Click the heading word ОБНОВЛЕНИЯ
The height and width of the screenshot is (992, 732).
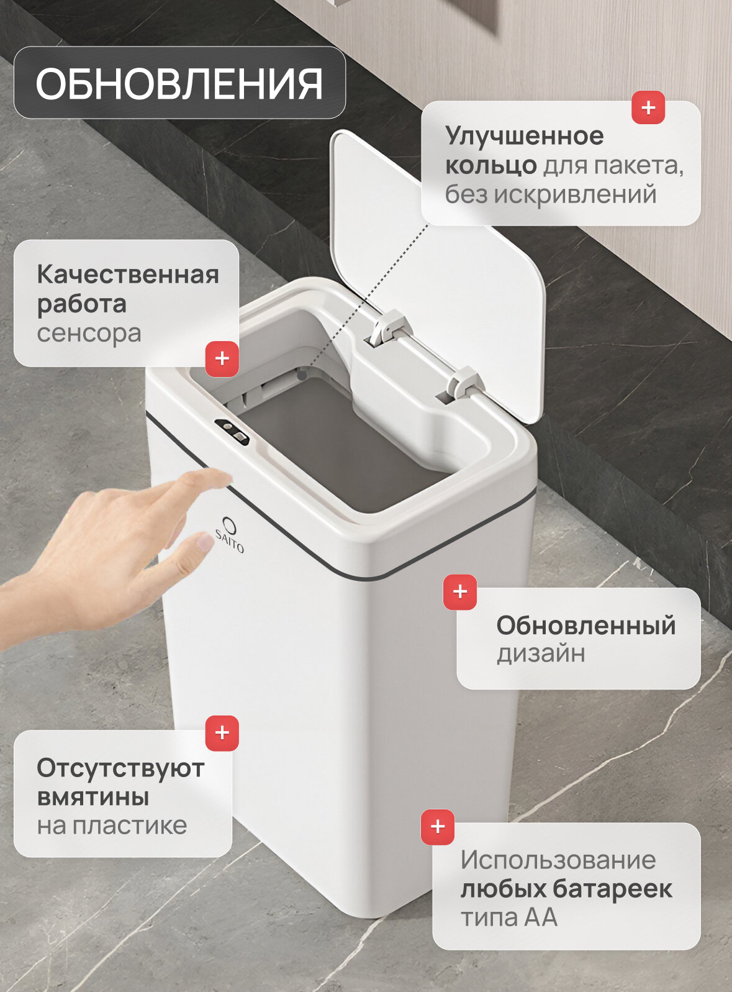click(x=179, y=84)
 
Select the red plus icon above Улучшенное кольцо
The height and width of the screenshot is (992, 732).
click(x=648, y=108)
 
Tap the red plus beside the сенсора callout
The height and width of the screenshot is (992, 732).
click(x=222, y=358)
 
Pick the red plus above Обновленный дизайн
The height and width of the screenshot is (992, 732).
click(x=459, y=592)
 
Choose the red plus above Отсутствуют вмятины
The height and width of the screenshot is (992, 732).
click(x=222, y=732)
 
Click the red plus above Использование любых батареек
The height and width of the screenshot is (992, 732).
click(x=437, y=826)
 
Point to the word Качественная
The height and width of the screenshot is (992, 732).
click(x=128, y=274)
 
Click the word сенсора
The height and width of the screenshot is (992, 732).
click(x=89, y=334)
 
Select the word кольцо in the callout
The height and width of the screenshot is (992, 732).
click(x=491, y=166)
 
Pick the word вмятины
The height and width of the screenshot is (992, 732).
click(x=93, y=797)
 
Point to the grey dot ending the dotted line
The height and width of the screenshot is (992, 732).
click(x=303, y=375)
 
